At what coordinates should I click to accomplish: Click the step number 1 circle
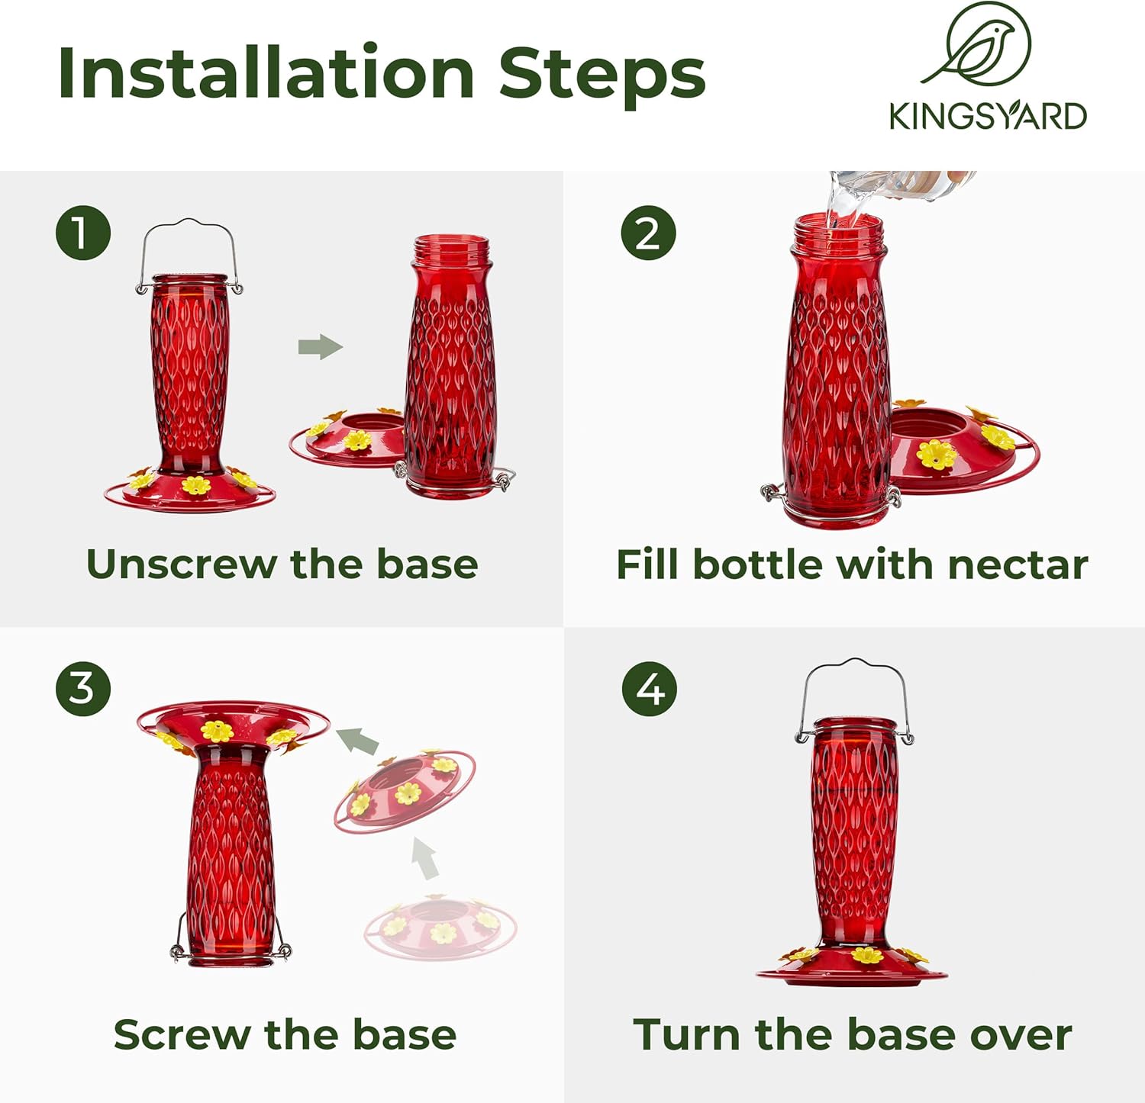pyautogui.click(x=83, y=233)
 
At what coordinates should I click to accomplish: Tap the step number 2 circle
pyautogui.click(x=648, y=233)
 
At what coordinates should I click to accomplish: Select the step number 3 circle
pyautogui.click(x=83, y=688)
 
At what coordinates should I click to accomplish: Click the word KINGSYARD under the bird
pyautogui.click(x=988, y=116)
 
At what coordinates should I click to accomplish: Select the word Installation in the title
pyautogui.click(x=266, y=73)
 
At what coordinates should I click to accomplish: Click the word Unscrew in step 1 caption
pyautogui.click(x=180, y=564)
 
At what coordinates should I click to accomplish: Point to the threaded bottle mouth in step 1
pyautogui.click(x=450, y=249)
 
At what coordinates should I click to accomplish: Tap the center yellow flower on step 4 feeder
pyautogui.click(x=866, y=954)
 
